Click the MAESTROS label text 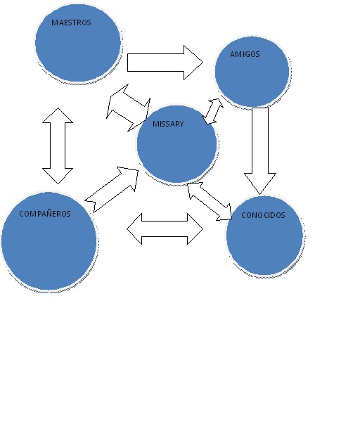click(71, 23)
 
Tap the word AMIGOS click(245, 54)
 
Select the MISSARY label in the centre click(168, 124)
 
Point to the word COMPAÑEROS click(45, 214)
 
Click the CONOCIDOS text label click(263, 215)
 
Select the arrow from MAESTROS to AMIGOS click(165, 63)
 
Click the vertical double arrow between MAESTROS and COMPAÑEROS click(58, 146)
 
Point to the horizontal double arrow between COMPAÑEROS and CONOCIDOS click(165, 229)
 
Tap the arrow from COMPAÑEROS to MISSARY click(112, 189)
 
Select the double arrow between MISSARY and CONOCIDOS click(210, 201)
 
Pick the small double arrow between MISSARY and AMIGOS click(213, 111)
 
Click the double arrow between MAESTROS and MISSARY click(128, 108)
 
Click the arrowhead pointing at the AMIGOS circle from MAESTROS click(193, 63)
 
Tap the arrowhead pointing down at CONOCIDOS click(260, 184)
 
